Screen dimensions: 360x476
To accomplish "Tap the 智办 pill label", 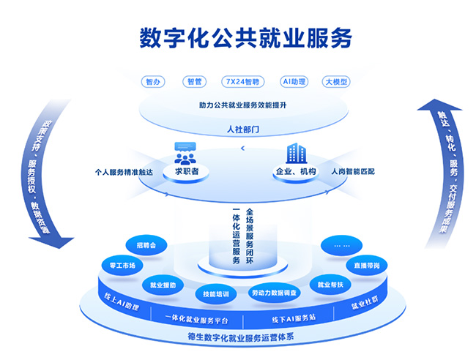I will tap(153, 82).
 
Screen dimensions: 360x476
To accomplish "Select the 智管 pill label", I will tap(195, 82).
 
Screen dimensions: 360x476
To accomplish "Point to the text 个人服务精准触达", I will tap(124, 173).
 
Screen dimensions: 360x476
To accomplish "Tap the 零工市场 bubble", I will tap(122, 266).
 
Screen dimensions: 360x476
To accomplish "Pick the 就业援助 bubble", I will tap(163, 285).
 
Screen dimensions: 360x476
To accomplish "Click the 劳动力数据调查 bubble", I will tap(275, 293).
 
